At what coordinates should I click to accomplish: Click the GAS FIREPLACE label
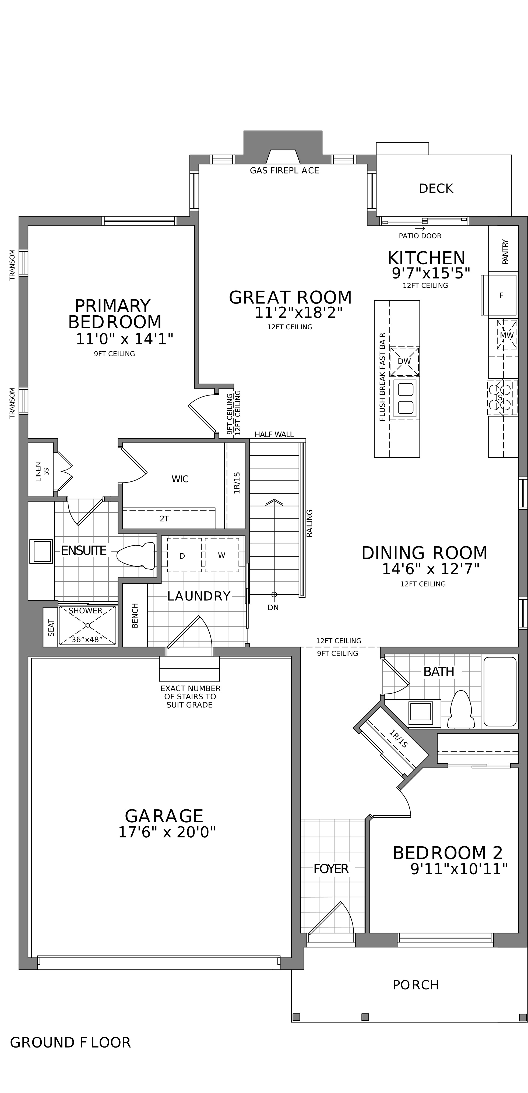click(x=284, y=171)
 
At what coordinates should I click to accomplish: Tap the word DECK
click(x=436, y=188)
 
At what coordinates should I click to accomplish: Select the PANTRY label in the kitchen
click(x=505, y=252)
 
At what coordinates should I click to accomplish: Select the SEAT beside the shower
click(x=51, y=627)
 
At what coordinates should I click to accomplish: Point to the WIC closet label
click(x=180, y=479)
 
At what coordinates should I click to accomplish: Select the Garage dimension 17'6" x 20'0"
click(x=167, y=832)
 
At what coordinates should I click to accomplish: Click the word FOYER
click(x=331, y=869)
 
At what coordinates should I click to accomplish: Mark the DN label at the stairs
click(x=273, y=608)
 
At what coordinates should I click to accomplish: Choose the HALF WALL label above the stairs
click(x=274, y=435)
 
